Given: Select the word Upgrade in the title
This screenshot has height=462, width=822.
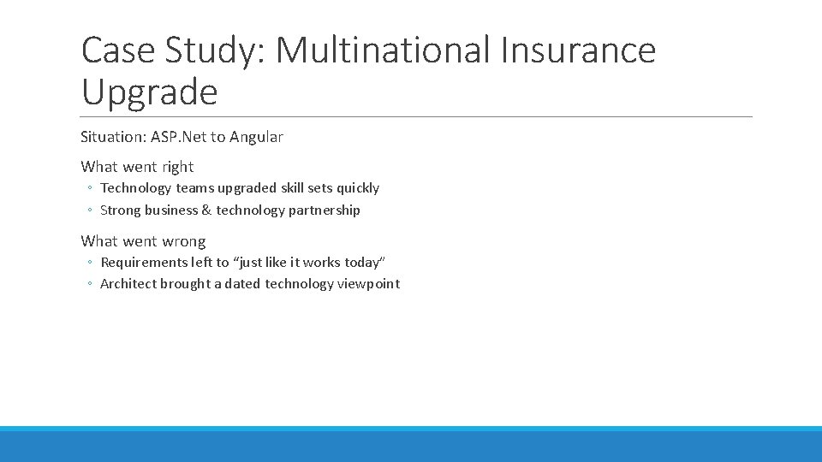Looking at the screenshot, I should click(x=149, y=92).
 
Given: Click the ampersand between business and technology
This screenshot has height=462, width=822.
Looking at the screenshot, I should click(x=206, y=210).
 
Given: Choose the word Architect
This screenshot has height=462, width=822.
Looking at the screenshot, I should click(x=128, y=284).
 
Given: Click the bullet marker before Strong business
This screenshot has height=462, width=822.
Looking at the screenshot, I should click(x=89, y=210).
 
